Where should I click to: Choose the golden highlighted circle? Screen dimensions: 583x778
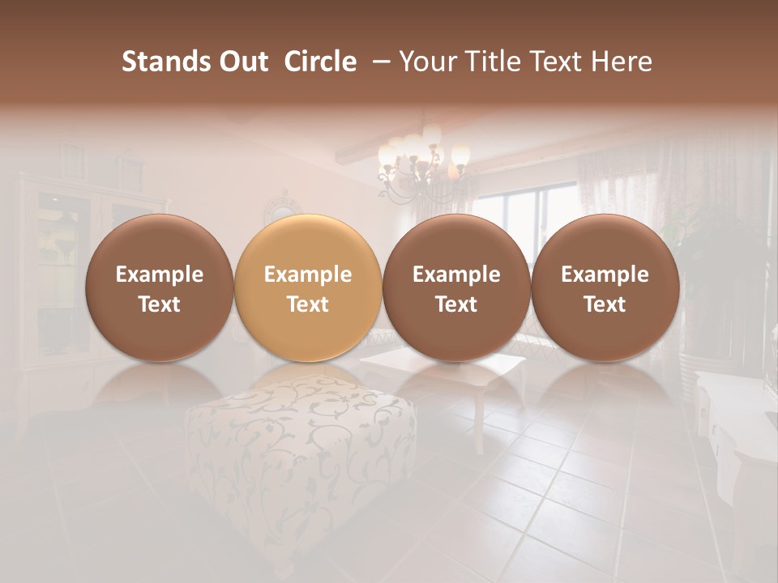308,288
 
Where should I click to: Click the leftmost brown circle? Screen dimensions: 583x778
160,288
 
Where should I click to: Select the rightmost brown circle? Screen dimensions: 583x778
605,288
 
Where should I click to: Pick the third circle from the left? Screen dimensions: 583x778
456,288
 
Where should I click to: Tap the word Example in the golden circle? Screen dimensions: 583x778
308,274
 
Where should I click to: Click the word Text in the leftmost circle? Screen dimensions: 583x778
160,304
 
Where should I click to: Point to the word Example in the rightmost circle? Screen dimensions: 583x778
605,274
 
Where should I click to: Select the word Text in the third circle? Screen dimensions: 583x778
456,304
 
